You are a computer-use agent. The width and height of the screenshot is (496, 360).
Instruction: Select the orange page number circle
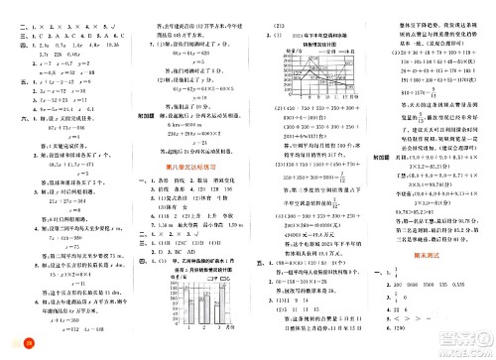pyautogui.click(x=12, y=343)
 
